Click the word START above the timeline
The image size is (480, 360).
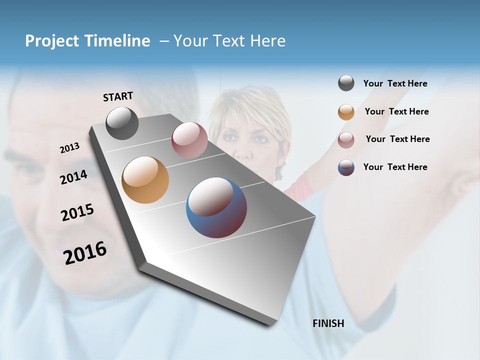(x=118, y=96)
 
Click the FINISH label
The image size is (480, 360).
(x=328, y=323)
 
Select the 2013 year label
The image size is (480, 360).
(x=69, y=148)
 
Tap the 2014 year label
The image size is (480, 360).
(x=73, y=177)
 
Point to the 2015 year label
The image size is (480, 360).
(x=77, y=212)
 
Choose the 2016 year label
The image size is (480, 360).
(x=85, y=252)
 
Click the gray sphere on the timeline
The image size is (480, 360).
(x=122, y=123)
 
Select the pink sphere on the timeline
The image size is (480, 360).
(x=189, y=140)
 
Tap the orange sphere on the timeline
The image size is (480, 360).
(x=145, y=180)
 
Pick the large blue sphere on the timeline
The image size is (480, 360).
(x=216, y=207)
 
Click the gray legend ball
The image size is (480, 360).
(x=346, y=83)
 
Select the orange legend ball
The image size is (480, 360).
(x=346, y=112)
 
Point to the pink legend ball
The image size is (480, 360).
(x=346, y=140)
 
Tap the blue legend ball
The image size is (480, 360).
(x=346, y=167)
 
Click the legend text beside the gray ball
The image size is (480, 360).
(x=395, y=83)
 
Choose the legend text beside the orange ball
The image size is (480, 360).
(x=396, y=111)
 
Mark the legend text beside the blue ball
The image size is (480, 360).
(x=395, y=167)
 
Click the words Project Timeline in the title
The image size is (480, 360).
(x=87, y=41)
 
